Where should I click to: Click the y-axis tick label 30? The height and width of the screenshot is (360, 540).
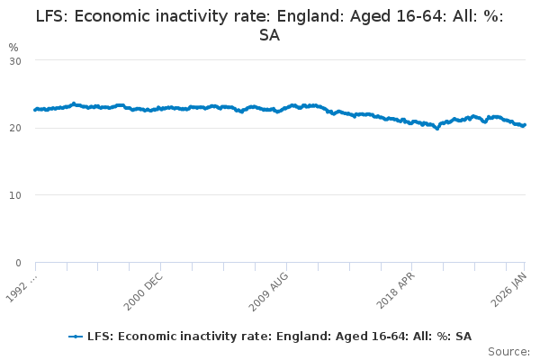click(15, 60)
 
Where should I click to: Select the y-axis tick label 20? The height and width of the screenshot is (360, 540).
click(15, 128)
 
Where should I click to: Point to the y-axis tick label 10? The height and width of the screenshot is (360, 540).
click(15, 195)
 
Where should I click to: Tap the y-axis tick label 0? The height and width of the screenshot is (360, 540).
click(18, 263)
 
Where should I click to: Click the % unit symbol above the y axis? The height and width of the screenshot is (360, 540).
click(13, 47)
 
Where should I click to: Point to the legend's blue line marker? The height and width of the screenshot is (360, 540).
click(76, 337)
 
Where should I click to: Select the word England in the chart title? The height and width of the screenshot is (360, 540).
click(283, 16)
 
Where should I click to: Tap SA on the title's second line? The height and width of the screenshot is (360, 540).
click(270, 35)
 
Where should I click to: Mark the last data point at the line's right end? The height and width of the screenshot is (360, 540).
click(525, 125)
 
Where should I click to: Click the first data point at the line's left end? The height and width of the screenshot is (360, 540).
click(35, 110)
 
